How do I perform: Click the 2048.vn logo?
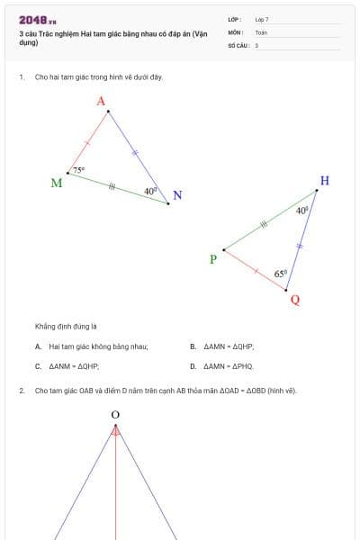[38, 19]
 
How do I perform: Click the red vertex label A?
[101, 101]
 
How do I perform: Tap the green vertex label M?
[56, 183]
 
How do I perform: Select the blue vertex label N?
[177, 196]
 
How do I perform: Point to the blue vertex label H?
[324, 181]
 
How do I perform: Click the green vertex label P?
[212, 259]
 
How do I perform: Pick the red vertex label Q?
[295, 300]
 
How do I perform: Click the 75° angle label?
[79, 169]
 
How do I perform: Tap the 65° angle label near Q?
[280, 273]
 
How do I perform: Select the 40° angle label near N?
[150, 191]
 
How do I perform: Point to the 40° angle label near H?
[301, 210]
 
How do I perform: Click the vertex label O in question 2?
[115, 415]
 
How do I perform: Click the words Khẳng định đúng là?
[66, 325]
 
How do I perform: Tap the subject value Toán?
[261, 31]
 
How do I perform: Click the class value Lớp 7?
[262, 19]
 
